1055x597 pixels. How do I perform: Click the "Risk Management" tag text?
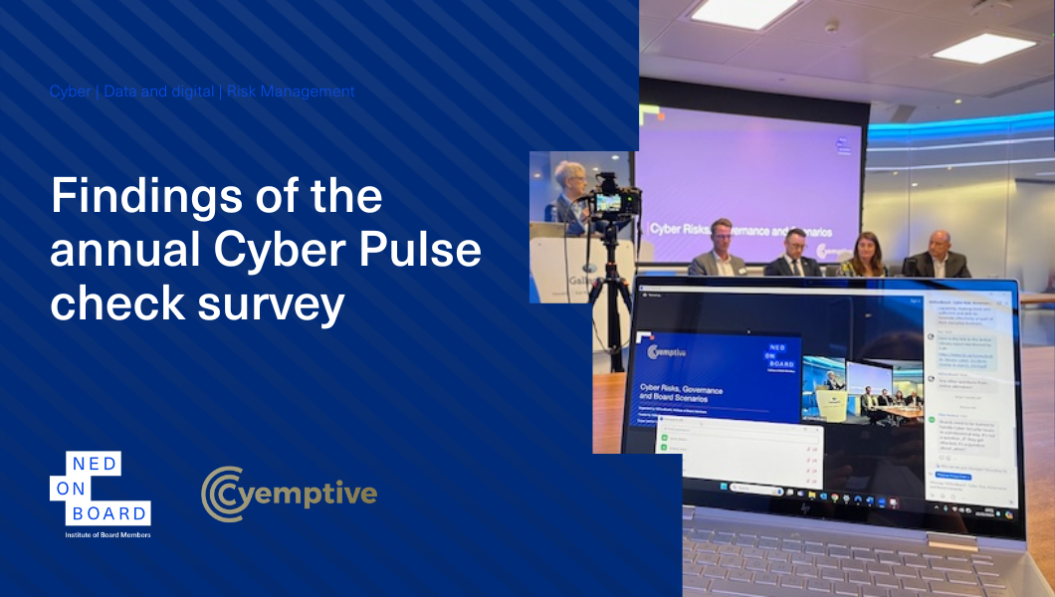pyautogui.click(x=291, y=92)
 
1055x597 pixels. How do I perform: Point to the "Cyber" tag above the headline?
pyautogui.click(x=71, y=92)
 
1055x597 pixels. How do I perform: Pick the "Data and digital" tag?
pyautogui.click(x=159, y=92)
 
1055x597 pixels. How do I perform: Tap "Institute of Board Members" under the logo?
pyautogui.click(x=101, y=535)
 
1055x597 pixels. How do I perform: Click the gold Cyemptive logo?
pyautogui.click(x=289, y=494)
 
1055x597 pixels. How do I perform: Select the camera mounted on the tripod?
pyautogui.click(x=608, y=200)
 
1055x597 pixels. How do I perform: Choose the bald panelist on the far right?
pyautogui.click(x=938, y=255)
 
